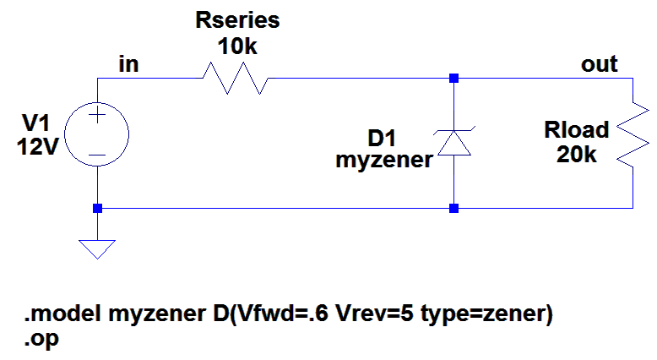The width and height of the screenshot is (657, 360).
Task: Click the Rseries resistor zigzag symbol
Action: (236, 79)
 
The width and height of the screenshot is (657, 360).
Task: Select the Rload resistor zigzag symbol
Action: (633, 135)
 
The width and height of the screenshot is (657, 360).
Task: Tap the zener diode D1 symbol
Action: (453, 143)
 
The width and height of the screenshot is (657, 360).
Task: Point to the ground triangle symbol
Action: (97, 249)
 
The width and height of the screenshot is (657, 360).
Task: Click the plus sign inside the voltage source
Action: (97, 115)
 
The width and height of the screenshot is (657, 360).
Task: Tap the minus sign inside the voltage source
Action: (97, 155)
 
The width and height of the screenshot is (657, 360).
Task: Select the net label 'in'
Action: (128, 64)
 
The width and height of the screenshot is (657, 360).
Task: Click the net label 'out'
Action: (600, 64)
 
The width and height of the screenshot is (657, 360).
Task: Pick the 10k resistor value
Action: (237, 46)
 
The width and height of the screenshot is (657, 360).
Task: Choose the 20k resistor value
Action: (577, 155)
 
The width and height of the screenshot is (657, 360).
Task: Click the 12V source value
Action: (38, 147)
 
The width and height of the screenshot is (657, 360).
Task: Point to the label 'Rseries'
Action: (237, 20)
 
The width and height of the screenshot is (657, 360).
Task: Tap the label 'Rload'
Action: (577, 129)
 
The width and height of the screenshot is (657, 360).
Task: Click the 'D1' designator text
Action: (382, 138)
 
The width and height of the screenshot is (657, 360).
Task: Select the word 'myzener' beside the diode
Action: (384, 160)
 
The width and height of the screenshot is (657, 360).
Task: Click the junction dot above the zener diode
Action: (453, 78)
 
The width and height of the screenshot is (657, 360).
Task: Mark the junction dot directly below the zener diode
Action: (453, 208)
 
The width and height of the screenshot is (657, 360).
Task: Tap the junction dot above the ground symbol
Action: (97, 208)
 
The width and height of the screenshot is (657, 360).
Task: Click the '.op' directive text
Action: (41, 339)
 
